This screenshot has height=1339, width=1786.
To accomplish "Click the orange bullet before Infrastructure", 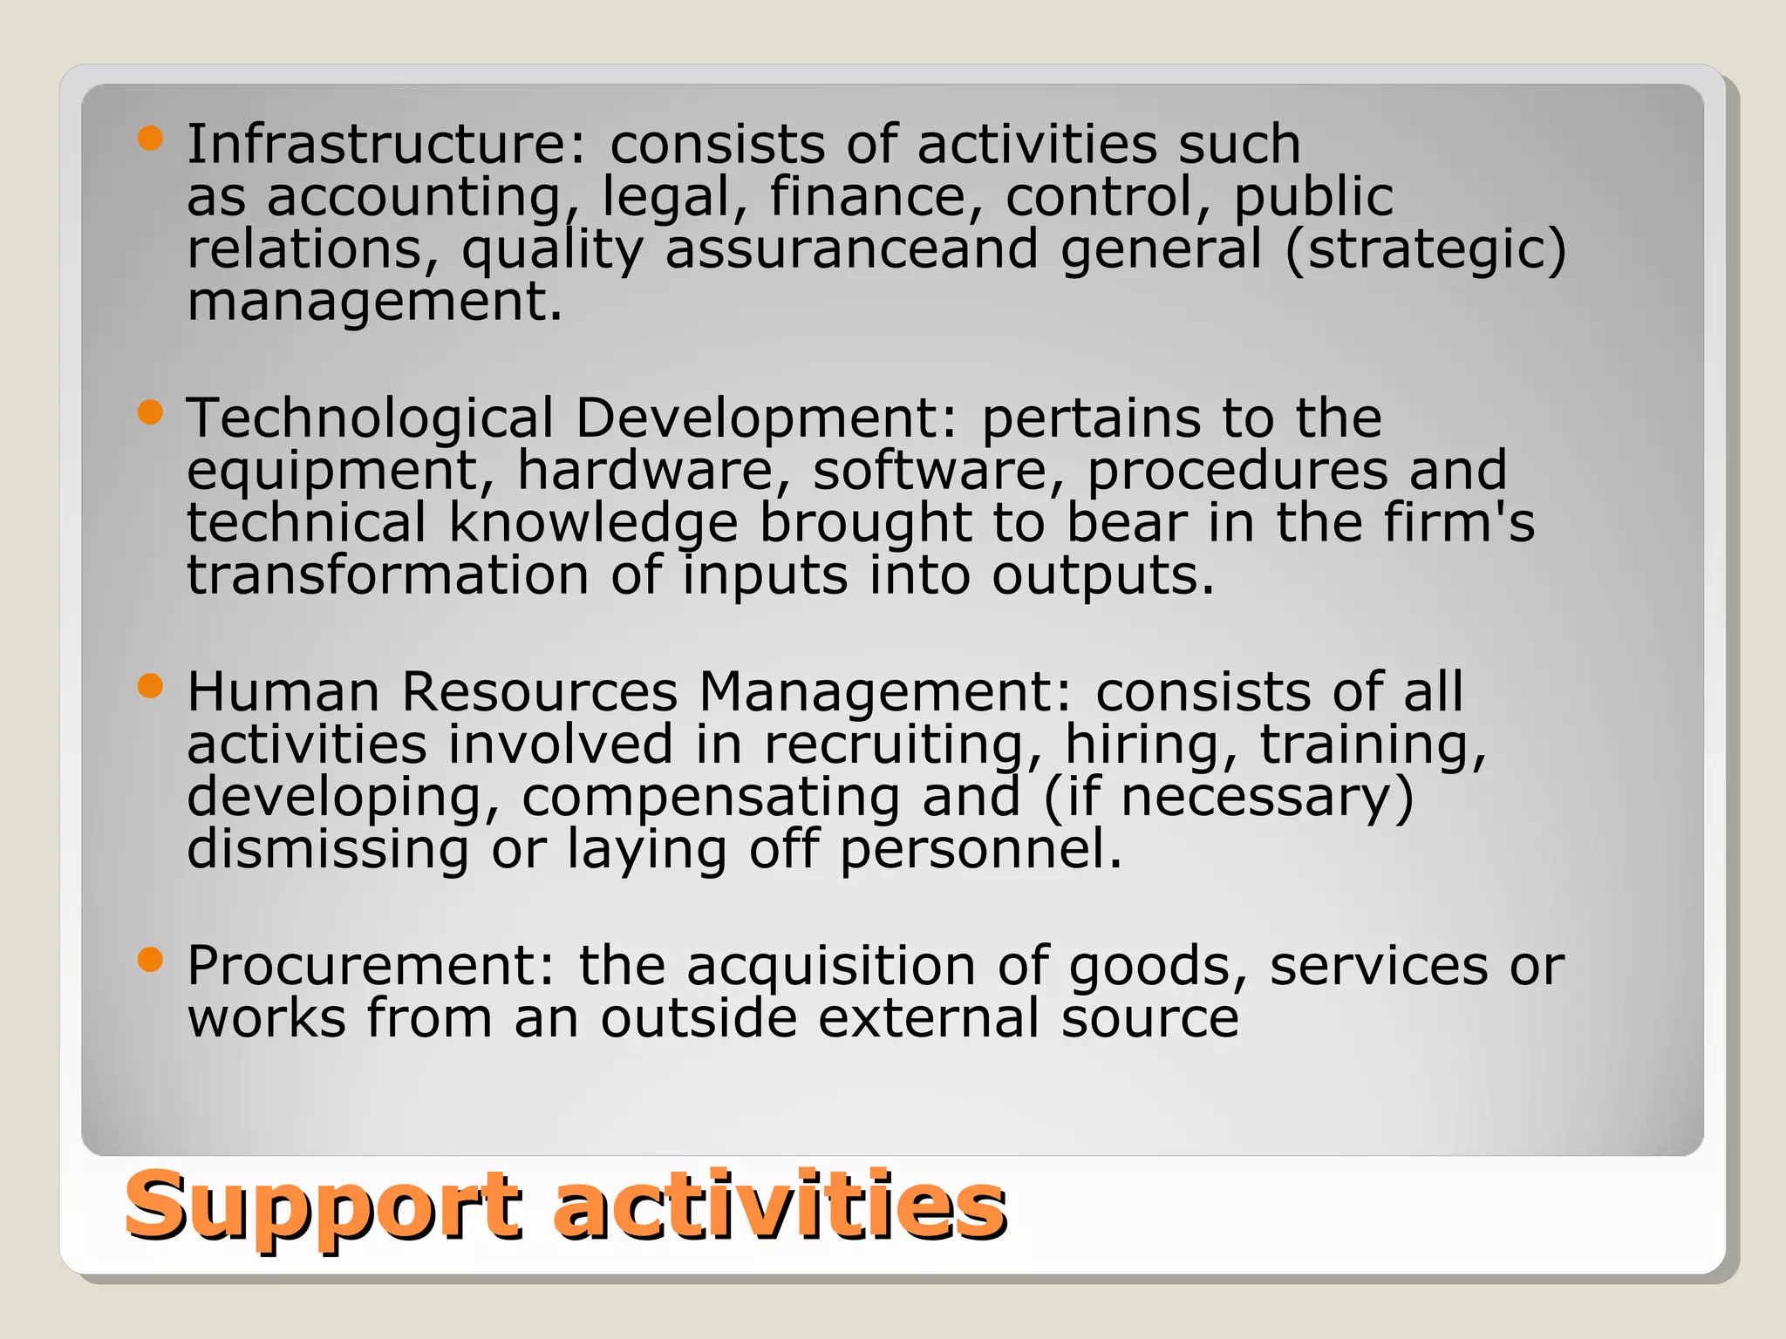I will click(151, 139).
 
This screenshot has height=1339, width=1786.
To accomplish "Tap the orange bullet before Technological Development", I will click(151, 412).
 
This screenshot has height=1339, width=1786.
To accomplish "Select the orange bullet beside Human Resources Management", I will click(151, 687).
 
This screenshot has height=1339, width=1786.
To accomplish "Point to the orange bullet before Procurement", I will click(151, 961).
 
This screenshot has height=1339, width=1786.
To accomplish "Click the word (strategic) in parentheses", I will click(1425, 250).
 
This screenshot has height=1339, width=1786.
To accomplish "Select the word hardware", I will click(646, 471).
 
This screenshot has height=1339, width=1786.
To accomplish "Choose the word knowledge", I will click(593, 523).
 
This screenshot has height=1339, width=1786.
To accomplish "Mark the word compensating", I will click(711, 798).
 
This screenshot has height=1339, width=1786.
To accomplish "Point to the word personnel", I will click(981, 849).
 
